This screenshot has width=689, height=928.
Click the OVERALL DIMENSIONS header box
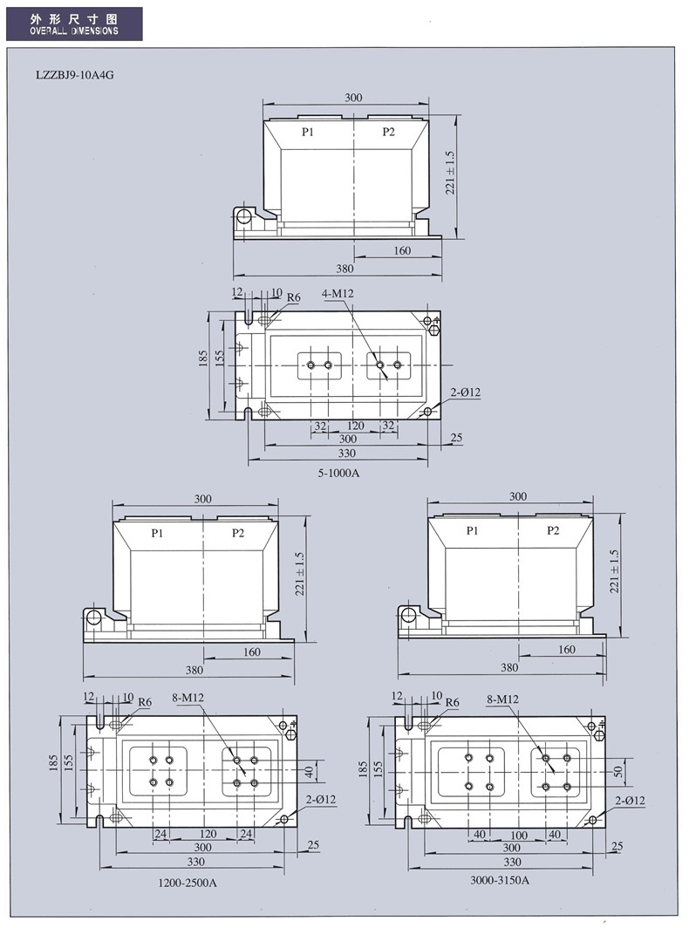pyautogui.click(x=74, y=24)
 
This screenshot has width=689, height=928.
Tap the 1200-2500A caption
pyautogui.click(x=188, y=882)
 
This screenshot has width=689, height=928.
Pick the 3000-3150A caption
pyautogui.click(x=500, y=879)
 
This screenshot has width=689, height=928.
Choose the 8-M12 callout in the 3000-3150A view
pyautogui.click(x=502, y=699)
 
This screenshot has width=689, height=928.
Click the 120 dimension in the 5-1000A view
pyautogui.click(x=355, y=426)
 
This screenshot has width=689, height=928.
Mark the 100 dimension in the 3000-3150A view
pyautogui.click(x=518, y=835)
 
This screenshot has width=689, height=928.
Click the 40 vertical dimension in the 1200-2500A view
pyautogui.click(x=308, y=772)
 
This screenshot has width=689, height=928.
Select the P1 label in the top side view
pyautogui.click(x=308, y=132)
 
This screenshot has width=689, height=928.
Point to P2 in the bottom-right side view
pyautogui.click(x=553, y=530)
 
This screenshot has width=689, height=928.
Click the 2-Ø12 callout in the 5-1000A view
pyautogui.click(x=467, y=392)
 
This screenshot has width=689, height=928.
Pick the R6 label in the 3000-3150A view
pyautogui.click(x=452, y=702)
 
